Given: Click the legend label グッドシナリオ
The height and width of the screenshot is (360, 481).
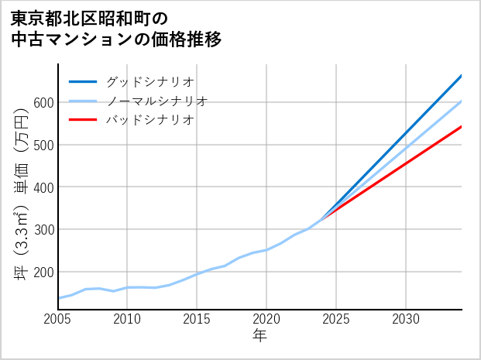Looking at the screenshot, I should click(149, 81).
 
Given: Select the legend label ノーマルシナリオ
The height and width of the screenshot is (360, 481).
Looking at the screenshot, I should click(156, 101).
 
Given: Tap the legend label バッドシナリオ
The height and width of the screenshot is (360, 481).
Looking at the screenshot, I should click(149, 120).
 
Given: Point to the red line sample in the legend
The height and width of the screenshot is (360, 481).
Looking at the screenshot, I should click(83, 120).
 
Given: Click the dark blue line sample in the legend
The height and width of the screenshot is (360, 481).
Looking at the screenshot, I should click(83, 81).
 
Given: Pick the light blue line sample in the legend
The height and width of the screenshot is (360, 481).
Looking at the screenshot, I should click(83, 101).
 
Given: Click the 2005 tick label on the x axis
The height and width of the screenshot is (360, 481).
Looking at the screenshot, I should click(58, 319).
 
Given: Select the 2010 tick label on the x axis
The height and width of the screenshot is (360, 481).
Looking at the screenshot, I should click(128, 319).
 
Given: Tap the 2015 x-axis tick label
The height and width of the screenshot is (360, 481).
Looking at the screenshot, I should click(198, 319).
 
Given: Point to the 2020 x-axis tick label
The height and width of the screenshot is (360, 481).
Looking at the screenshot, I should click(266, 319).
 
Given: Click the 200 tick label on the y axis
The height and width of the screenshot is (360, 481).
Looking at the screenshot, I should click(43, 273).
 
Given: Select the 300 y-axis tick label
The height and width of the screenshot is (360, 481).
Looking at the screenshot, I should click(43, 230).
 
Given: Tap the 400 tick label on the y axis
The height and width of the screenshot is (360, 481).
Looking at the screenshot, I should click(43, 187).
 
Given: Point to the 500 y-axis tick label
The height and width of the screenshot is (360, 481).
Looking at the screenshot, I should click(43, 145).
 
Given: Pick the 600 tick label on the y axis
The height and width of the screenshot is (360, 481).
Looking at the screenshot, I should click(43, 103).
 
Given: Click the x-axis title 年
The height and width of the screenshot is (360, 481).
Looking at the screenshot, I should click(260, 337).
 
